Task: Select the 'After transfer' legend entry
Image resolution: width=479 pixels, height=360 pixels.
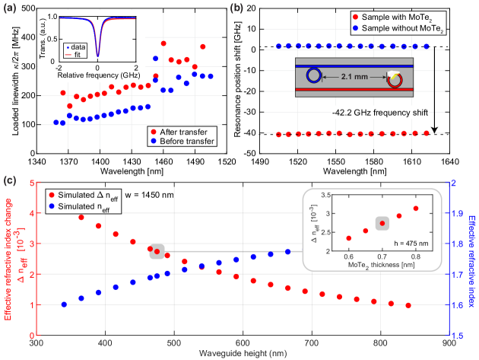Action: (x=187, y=132)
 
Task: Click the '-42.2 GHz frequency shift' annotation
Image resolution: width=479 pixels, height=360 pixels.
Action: (x=379, y=113)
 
